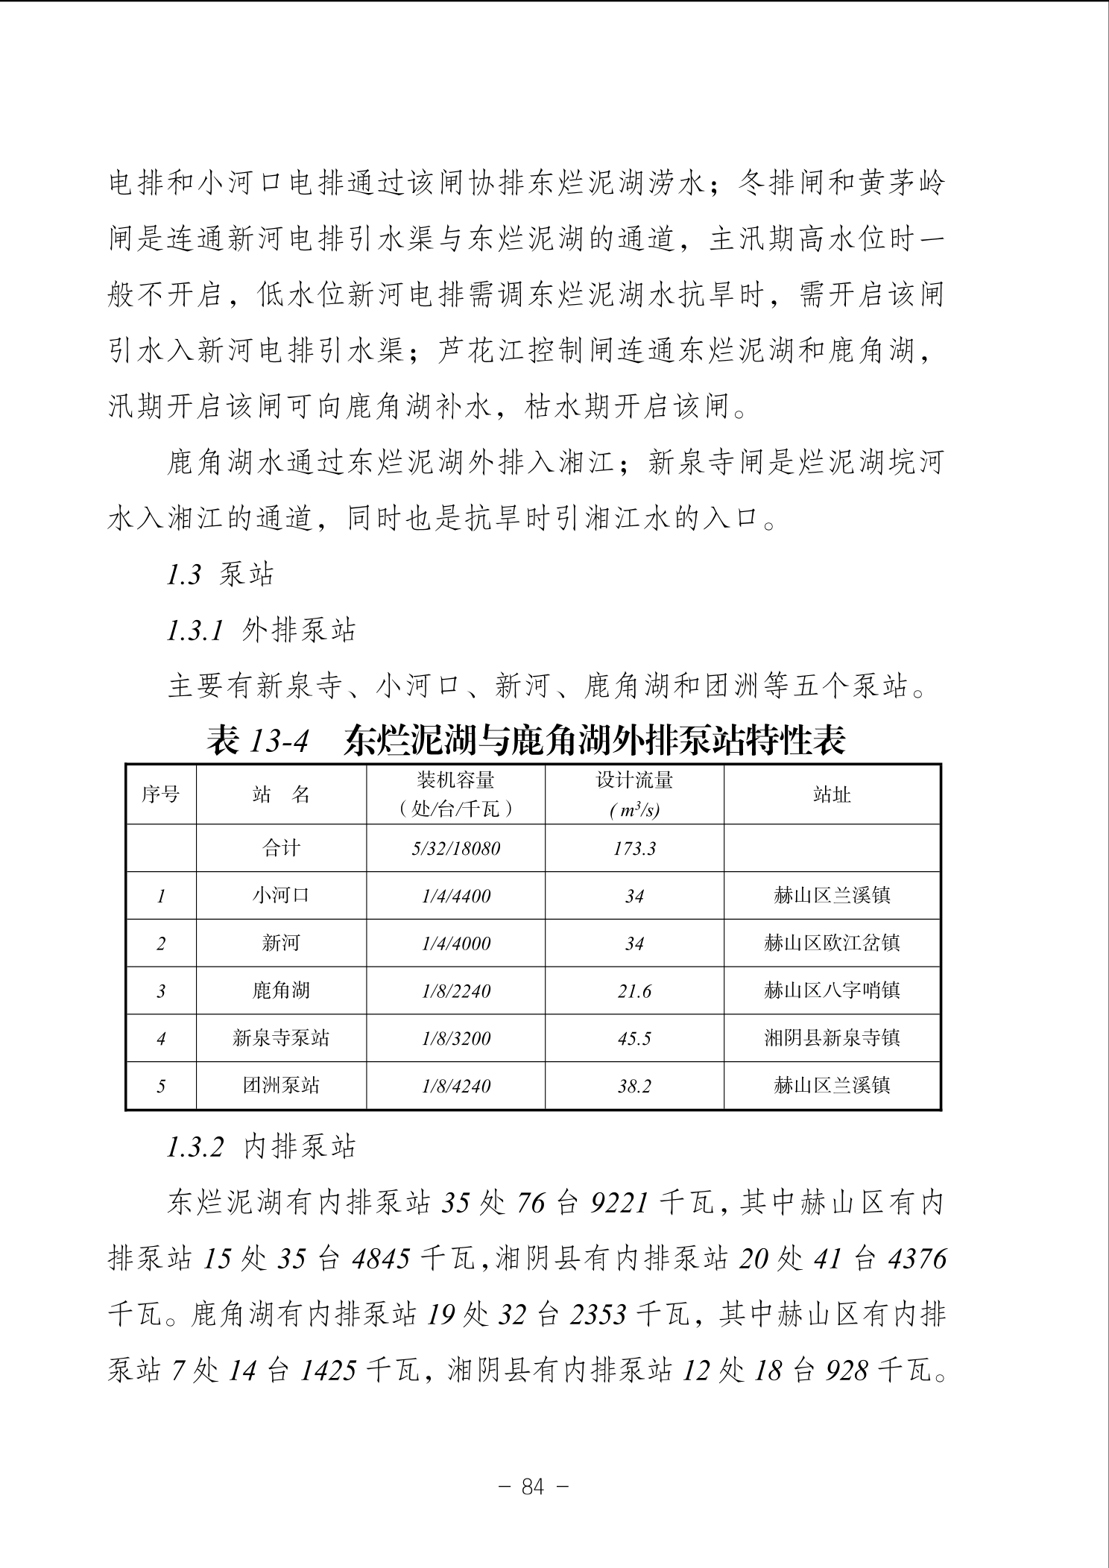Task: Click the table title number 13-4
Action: click(x=279, y=741)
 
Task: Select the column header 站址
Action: click(x=832, y=794)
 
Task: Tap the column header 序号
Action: click(x=160, y=794)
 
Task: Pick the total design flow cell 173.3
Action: click(x=634, y=848)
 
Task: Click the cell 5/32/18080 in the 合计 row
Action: click(x=455, y=848)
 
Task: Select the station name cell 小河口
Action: click(x=280, y=895)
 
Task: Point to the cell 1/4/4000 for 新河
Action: click(x=455, y=943)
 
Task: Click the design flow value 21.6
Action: click(x=634, y=991)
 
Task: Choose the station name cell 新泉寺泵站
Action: click(x=280, y=1038)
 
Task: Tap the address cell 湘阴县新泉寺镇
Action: click(x=832, y=1038)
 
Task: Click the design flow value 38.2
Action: click(x=634, y=1086)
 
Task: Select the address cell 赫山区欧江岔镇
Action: click(x=832, y=943)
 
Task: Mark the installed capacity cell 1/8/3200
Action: click(x=455, y=1038)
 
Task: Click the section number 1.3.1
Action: click(x=195, y=631)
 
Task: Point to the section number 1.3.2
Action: click(x=195, y=1148)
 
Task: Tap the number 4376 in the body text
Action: click(x=917, y=1259)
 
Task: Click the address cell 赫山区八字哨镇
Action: click(x=832, y=991)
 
